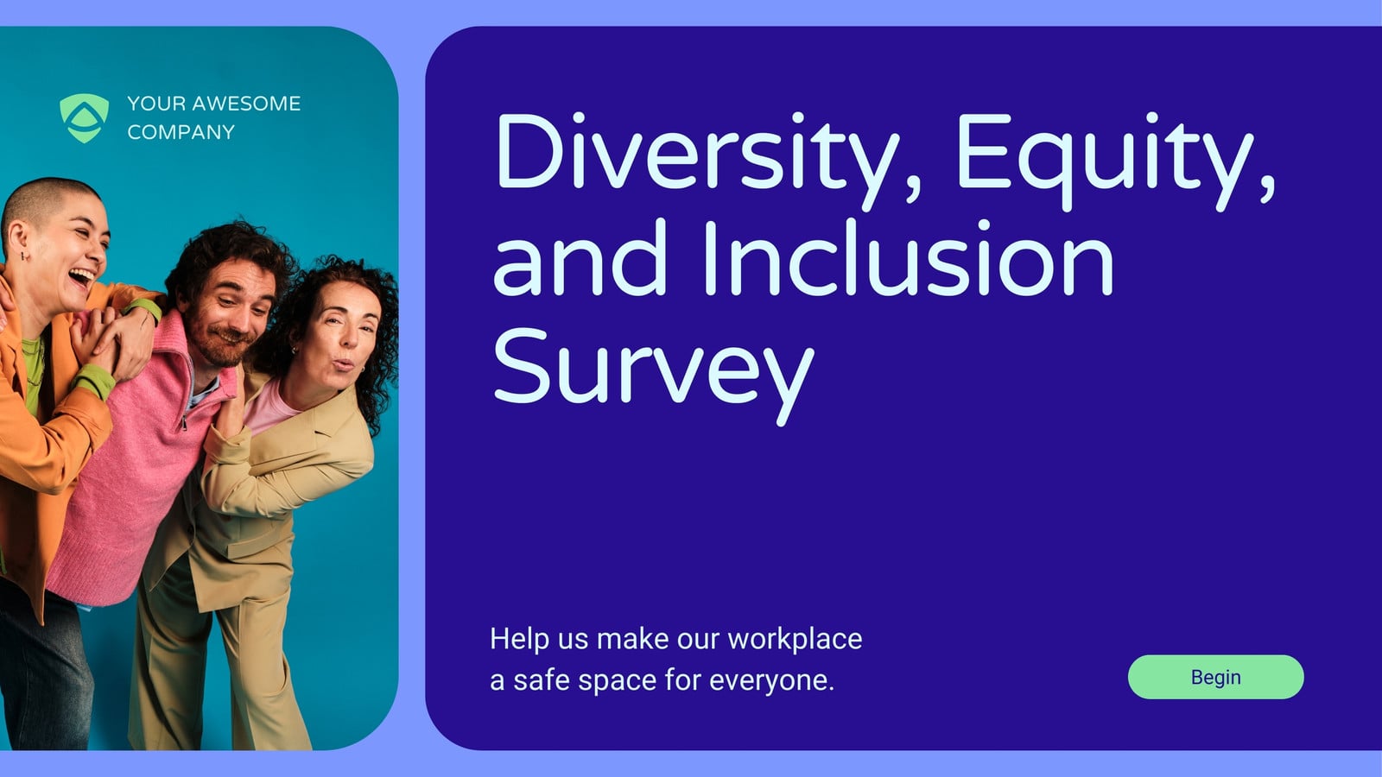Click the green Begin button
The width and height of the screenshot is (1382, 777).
[1215, 677]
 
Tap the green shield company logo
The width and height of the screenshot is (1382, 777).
[84, 118]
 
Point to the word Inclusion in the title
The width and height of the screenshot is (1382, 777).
[908, 258]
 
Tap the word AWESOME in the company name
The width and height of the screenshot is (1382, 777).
[246, 103]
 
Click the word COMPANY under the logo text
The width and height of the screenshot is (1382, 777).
[181, 132]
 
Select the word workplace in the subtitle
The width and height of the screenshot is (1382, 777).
[795, 640]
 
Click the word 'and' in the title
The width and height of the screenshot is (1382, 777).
[580, 258]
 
